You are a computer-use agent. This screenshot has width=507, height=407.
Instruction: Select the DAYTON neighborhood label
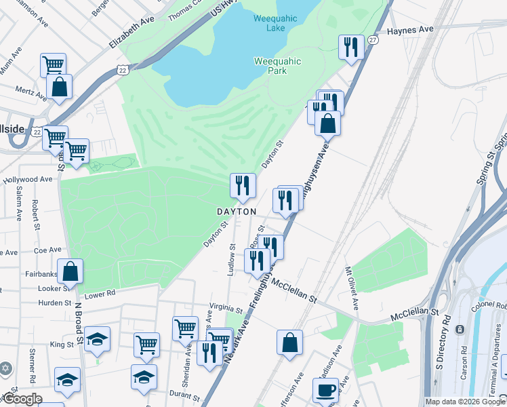coord(237,212)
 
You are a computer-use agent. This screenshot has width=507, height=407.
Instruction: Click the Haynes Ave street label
coord(409,31)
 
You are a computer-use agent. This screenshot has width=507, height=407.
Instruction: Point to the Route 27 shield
coord(373,41)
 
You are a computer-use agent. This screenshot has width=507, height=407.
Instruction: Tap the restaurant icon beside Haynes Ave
coord(350,47)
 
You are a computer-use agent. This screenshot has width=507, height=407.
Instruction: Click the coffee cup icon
coord(325,390)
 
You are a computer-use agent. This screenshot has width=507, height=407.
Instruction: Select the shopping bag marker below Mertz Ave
coord(59,87)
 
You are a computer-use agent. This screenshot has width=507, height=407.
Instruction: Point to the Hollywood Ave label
coord(27,180)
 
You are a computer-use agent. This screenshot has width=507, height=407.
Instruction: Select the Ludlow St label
coord(231,260)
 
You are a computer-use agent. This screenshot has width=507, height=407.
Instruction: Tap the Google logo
coord(22,399)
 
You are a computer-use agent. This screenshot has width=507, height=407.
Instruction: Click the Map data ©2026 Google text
coord(464,402)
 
